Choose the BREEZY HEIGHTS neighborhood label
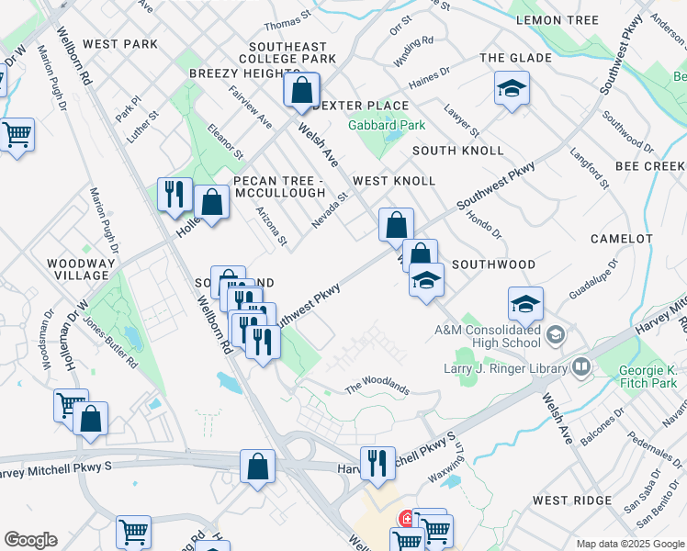tap(233, 73)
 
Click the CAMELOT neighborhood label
tap(621, 239)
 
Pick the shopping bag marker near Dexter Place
tap(300, 91)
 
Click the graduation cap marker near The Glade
tap(512, 88)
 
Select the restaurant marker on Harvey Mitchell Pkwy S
tap(377, 463)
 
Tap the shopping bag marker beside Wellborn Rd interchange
tap(257, 466)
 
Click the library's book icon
tap(580, 368)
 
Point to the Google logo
tap(30, 540)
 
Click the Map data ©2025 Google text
tap(629, 544)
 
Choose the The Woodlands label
tap(377, 388)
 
